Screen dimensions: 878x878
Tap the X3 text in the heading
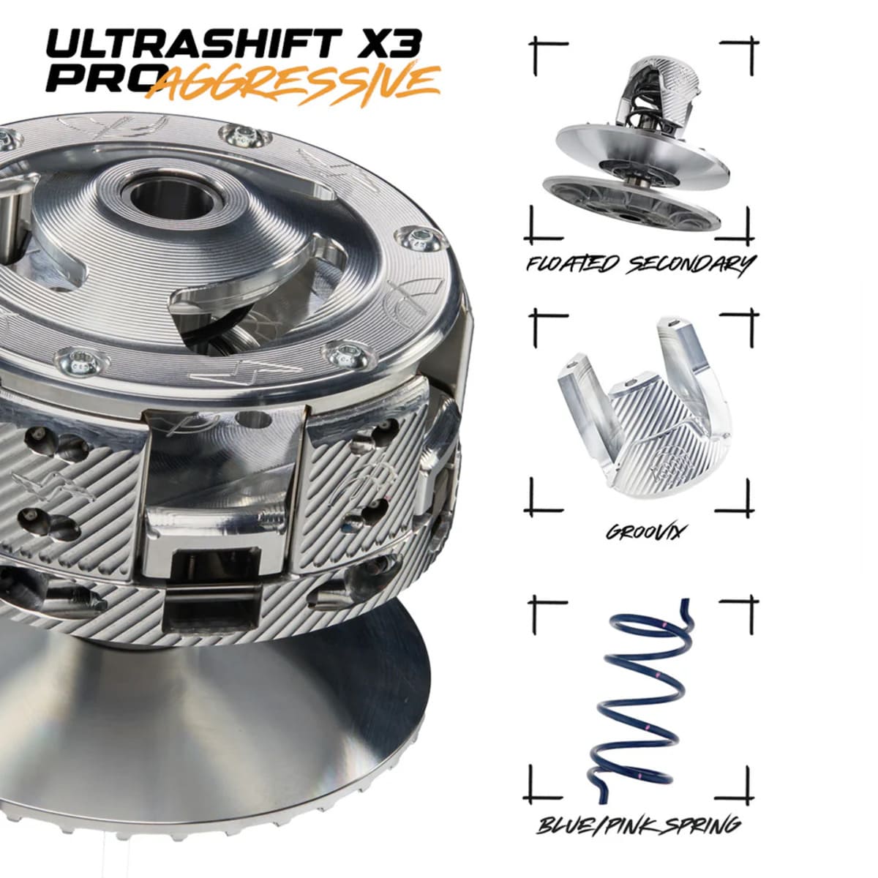click(x=394, y=45)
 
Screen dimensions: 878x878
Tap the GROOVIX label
click(x=643, y=532)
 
